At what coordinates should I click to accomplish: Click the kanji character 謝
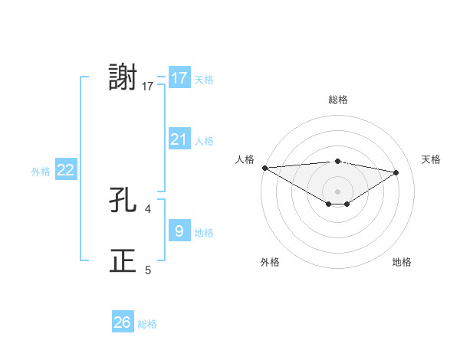[x=123, y=78]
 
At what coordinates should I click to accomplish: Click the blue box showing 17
[x=179, y=78]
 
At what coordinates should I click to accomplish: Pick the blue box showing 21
[x=179, y=139]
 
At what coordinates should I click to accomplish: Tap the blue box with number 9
[x=179, y=231]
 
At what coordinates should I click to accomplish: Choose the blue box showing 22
[x=65, y=170]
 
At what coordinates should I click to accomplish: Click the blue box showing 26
[x=123, y=322]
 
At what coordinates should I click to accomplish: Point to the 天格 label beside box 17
[x=204, y=80]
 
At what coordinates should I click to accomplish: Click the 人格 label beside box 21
[x=204, y=141]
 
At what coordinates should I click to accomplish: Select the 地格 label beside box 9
[x=204, y=232]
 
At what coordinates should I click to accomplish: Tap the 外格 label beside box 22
[x=41, y=172]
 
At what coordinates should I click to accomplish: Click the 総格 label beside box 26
[x=147, y=324]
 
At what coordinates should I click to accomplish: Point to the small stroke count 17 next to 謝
[x=148, y=87]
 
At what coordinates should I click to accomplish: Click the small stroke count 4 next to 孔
[x=148, y=208]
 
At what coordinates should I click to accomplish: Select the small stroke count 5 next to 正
[x=148, y=270]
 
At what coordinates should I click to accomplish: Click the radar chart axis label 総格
[x=337, y=100]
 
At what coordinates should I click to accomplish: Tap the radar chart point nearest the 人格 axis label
[x=264, y=168]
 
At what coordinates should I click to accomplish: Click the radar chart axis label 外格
[x=270, y=262]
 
